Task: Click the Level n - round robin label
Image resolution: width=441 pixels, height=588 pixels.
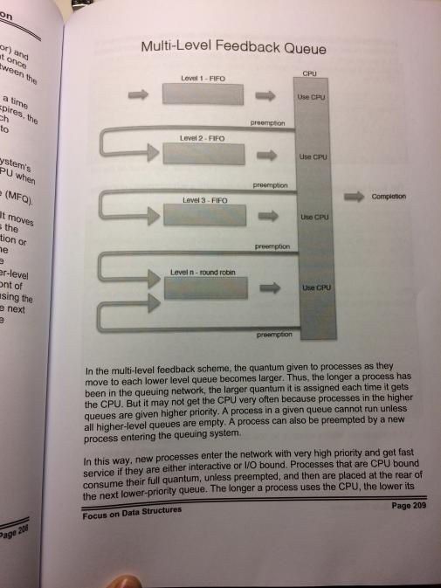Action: point(206,274)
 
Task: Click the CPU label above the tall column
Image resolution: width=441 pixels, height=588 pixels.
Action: point(311,73)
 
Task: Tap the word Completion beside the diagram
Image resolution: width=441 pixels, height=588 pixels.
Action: point(389,197)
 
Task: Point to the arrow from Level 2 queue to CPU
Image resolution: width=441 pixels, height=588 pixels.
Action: point(270,157)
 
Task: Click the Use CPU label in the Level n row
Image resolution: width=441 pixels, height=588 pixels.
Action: point(314,287)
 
